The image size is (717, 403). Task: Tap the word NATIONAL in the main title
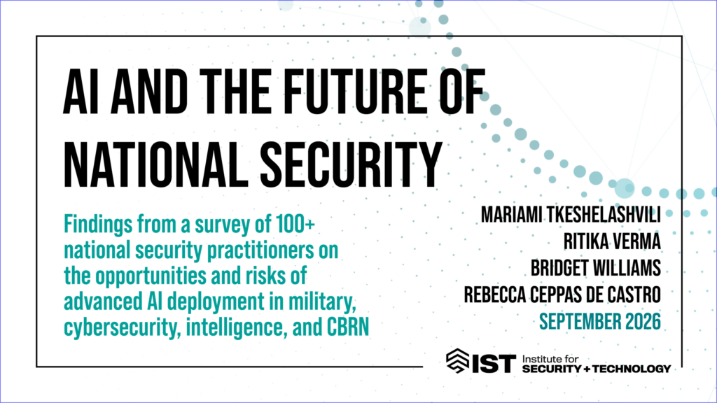[x=153, y=164]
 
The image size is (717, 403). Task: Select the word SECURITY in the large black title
[x=351, y=164]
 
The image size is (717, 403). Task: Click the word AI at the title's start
[x=81, y=92]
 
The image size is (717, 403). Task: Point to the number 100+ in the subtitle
[x=295, y=225]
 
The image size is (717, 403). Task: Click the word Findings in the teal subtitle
[x=98, y=225]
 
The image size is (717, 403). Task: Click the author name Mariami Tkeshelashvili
[x=571, y=215]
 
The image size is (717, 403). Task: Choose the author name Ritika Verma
[x=612, y=241]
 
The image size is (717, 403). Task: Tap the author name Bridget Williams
[x=595, y=268]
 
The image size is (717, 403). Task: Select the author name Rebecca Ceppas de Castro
[x=562, y=295]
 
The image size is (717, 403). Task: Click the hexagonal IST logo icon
[x=457, y=361]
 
